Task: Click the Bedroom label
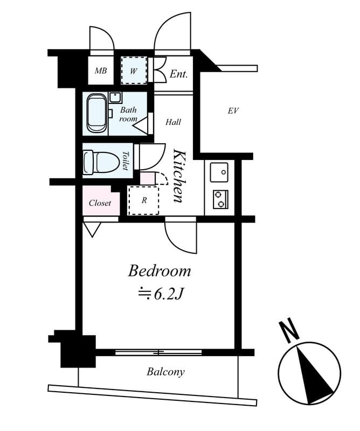(x=159, y=270)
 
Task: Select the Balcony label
(x=165, y=372)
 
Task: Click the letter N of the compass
(x=289, y=330)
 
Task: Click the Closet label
(x=100, y=203)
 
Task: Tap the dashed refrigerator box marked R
(x=144, y=200)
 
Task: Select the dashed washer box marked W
(x=134, y=71)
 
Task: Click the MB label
(x=101, y=71)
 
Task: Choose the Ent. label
(x=178, y=74)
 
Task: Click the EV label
(x=233, y=111)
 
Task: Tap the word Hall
(x=173, y=122)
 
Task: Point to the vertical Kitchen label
(x=179, y=176)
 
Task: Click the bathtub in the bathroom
(x=96, y=113)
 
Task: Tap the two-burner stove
(x=220, y=199)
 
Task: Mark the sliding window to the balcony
(x=158, y=352)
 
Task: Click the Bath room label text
(x=128, y=114)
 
